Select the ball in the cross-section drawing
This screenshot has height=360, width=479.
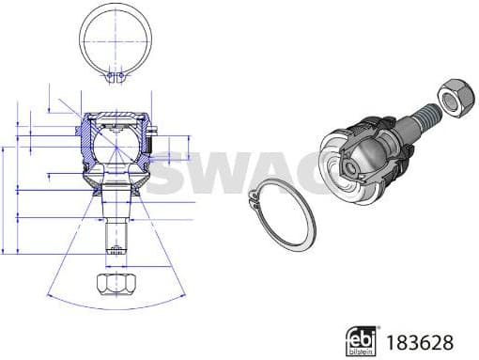tap(114, 146)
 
